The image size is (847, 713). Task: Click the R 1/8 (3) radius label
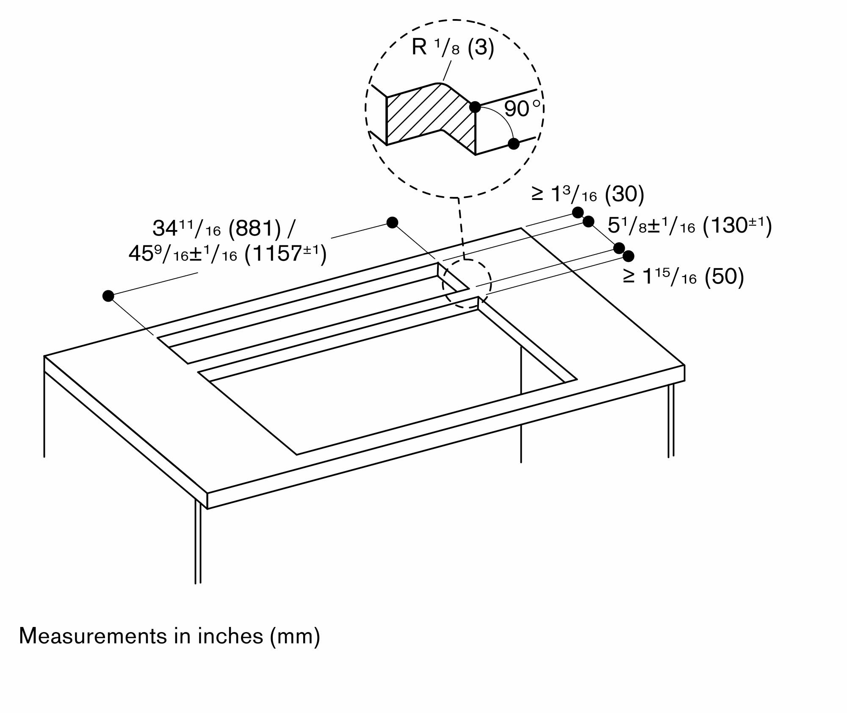453,47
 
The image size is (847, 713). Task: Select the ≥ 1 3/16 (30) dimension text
588,194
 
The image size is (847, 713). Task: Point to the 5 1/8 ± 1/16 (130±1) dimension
689,226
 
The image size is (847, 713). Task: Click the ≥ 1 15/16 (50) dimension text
683,277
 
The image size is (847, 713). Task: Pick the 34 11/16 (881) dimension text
224,229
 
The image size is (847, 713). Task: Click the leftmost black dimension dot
108,296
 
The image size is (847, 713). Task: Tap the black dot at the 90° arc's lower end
513,144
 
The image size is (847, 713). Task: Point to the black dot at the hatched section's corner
475,107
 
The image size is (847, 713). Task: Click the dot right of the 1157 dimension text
393,222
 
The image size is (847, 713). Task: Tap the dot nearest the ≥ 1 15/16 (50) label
628,256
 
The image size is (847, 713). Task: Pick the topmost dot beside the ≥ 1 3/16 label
578,212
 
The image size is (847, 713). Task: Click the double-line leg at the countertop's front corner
198,542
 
